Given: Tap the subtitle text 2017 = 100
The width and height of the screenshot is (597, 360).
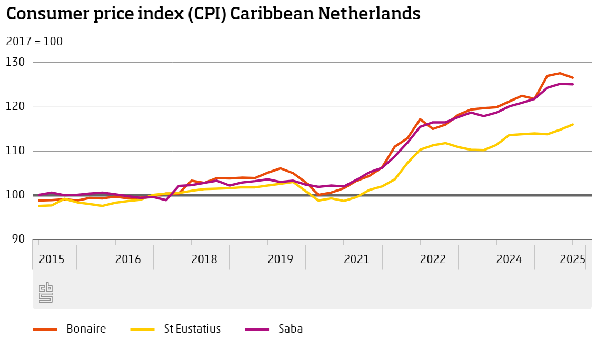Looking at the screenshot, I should pos(34,41).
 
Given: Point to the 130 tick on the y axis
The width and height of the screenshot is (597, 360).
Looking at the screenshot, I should pos(16,62).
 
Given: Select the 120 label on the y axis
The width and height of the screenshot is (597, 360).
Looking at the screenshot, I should pos(16,107).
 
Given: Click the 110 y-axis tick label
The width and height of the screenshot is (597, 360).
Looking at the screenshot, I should pos(16,151).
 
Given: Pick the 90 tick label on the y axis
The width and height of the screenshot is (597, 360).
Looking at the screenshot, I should pos(18,239).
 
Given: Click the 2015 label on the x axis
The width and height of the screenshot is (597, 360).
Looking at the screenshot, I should pos(52,259).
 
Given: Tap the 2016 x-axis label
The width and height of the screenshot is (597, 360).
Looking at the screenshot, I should pos(128,259).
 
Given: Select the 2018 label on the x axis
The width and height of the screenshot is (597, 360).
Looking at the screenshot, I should pos(204,259).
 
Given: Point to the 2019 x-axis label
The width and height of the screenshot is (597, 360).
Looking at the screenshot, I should pos(281,259).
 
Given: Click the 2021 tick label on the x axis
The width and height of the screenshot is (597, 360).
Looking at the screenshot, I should pos(357,259).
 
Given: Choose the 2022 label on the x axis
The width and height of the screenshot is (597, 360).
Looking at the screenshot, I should pos(433,259).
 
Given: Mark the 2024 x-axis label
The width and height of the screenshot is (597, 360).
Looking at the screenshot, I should pos(510,259).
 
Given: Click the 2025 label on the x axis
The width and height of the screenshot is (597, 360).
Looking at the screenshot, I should pos(572,259).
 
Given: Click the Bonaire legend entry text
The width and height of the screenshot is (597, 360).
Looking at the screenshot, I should pos(86,329).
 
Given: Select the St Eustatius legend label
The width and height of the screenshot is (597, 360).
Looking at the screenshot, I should pos(192,329).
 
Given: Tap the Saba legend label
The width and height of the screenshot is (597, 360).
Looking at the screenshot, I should pos(291,329).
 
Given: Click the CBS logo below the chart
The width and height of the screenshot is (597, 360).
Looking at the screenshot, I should pos(46,293).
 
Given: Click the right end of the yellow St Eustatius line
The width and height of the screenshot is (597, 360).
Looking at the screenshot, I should pos(573,124).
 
